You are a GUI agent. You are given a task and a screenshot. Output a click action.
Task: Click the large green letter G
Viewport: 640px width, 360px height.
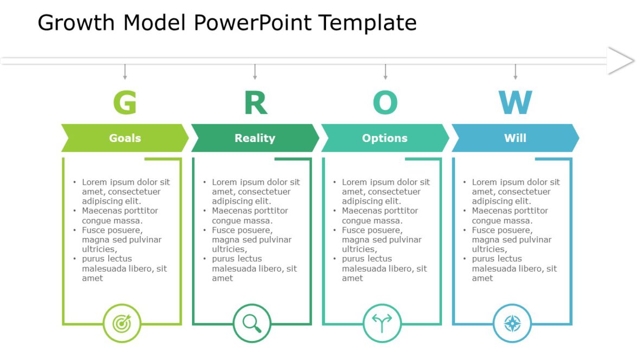[125, 102]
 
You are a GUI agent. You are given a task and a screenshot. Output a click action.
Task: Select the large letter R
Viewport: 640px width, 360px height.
[255, 102]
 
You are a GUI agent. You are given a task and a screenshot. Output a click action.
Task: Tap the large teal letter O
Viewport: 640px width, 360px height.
[385, 102]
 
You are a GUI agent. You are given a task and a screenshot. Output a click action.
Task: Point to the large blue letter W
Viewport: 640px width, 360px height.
[515, 102]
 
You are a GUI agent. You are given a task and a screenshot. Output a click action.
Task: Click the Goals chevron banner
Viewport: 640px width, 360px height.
[125, 138]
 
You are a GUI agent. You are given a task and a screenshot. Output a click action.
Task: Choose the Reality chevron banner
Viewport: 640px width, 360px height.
[255, 138]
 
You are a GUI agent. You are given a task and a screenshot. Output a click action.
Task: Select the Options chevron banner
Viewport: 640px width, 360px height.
[385, 138]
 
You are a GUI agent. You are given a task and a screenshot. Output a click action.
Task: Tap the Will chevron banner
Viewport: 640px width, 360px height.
[515, 138]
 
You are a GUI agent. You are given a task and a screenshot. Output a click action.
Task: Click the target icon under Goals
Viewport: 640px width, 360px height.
[122, 324]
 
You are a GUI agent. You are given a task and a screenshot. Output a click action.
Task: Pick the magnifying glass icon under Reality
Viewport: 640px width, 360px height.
[252, 324]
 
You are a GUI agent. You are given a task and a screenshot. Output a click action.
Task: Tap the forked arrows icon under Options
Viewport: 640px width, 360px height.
[382, 324]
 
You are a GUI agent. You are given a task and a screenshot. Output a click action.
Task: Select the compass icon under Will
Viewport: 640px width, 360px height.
[513, 324]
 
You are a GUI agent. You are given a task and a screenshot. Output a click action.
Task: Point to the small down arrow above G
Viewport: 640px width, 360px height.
[125, 72]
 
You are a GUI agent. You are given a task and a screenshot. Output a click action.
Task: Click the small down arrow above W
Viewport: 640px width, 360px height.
[515, 72]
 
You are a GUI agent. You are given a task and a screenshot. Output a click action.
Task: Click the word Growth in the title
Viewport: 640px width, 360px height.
[76, 23]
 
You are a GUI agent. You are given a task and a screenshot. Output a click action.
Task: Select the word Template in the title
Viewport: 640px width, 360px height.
[367, 23]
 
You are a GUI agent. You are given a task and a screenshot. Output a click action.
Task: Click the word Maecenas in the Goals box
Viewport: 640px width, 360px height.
[103, 210]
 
